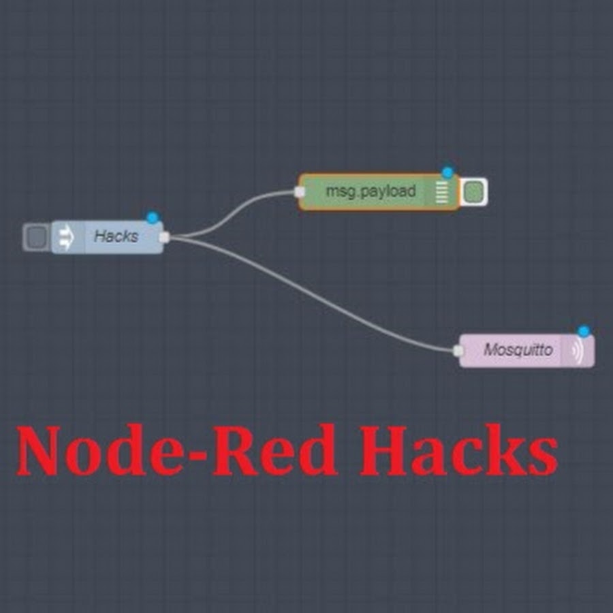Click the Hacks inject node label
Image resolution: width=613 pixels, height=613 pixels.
pos(116,236)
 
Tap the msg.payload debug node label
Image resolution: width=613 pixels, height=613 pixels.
pos(370,191)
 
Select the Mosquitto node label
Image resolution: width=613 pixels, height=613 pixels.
pos(518,350)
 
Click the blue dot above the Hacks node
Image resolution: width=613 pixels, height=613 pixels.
pos(153,218)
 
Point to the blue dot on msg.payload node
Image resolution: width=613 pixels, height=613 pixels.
pos(447,173)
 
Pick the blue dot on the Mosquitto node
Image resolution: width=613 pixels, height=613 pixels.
pos(584,331)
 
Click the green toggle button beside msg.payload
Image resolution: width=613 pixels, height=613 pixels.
pos(473,192)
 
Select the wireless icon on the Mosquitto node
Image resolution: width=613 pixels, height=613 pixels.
pos(578,351)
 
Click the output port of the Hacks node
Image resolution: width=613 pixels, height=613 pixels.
pos(163,237)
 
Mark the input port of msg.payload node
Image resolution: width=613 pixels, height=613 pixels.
pos(300,192)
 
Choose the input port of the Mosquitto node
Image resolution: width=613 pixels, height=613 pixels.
pos(458,350)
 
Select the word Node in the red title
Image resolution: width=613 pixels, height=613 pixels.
pos(102,452)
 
